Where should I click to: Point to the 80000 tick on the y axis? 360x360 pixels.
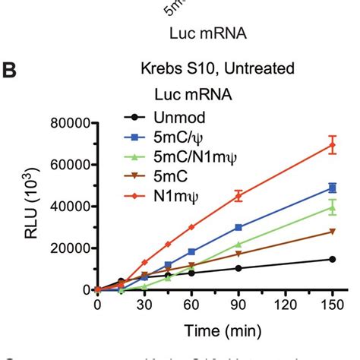70,123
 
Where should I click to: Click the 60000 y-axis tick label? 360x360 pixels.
70,165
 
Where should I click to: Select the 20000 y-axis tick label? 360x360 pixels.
70,248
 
